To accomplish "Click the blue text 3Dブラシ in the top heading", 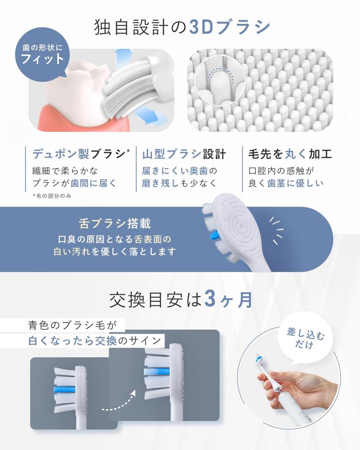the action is pyautogui.click(x=229, y=27).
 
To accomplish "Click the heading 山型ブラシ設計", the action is pyautogui.click(x=184, y=154).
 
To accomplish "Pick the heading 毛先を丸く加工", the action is pyautogui.click(x=290, y=154).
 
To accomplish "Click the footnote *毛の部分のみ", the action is pyautogui.click(x=52, y=196).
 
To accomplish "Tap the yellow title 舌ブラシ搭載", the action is pyautogui.click(x=115, y=223).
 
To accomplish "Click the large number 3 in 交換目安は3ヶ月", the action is pyautogui.click(x=210, y=300).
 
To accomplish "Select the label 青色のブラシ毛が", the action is pyautogui.click(x=73, y=325).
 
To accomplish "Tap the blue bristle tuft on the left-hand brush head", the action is pyautogui.click(x=65, y=389).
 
